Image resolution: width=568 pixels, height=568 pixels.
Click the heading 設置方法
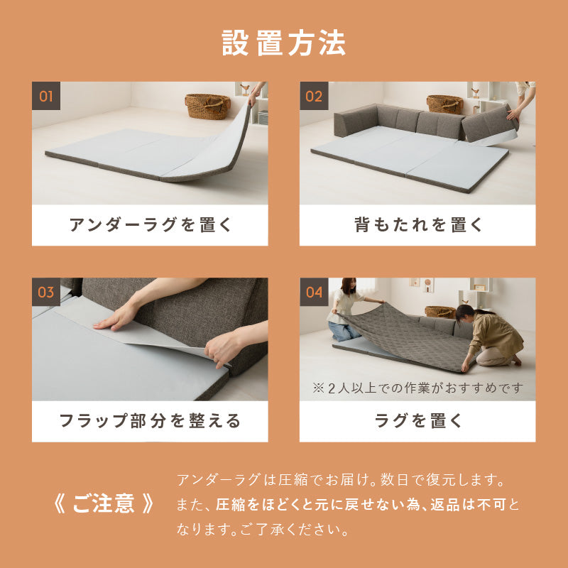(x=284, y=43)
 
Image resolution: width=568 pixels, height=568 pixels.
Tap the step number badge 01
(x=46, y=96)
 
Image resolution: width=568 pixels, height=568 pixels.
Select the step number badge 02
(x=314, y=96)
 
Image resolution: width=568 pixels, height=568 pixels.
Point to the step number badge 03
(x=46, y=292)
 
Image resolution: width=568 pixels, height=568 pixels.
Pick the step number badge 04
(x=314, y=292)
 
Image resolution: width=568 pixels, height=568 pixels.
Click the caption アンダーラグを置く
(x=150, y=225)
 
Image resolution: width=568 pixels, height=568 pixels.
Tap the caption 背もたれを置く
(x=417, y=225)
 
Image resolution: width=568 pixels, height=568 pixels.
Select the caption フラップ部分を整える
(x=150, y=421)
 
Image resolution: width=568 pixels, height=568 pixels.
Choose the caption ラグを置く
(x=417, y=421)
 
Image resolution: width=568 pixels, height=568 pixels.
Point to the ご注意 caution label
(x=104, y=503)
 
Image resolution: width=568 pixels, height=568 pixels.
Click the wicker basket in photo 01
(x=207, y=106)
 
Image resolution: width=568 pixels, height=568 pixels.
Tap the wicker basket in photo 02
(x=444, y=104)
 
